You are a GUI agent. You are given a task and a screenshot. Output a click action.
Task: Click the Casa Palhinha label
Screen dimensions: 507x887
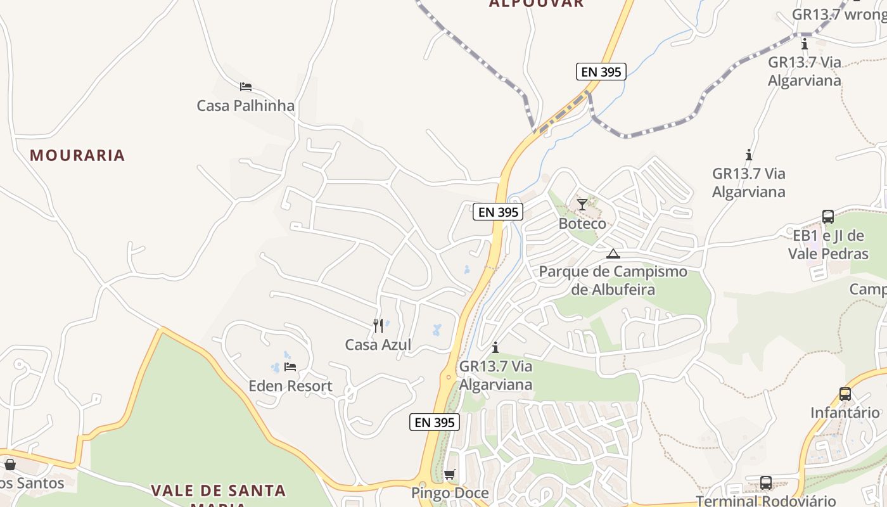pyautogui.click(x=245, y=106)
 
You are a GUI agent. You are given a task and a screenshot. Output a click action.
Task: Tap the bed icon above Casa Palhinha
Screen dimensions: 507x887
pyautogui.click(x=245, y=87)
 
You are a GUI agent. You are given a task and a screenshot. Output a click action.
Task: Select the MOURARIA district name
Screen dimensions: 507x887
pyautogui.click(x=77, y=155)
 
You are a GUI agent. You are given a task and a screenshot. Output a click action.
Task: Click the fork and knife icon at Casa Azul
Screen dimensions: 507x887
pyautogui.click(x=378, y=326)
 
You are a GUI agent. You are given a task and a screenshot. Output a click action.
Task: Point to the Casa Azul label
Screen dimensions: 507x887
pyautogui.click(x=378, y=345)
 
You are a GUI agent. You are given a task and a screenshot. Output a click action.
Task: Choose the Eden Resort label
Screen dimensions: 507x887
pyautogui.click(x=290, y=386)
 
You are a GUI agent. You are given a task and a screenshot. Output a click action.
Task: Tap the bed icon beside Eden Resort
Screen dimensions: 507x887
pyautogui.click(x=290, y=366)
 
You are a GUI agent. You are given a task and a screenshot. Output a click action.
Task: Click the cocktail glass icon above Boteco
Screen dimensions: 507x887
pyautogui.click(x=582, y=204)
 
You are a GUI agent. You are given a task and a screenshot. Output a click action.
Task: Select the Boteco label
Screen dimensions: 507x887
pyautogui.click(x=582, y=224)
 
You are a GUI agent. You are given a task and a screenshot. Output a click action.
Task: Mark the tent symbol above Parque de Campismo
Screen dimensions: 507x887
pyautogui.click(x=613, y=254)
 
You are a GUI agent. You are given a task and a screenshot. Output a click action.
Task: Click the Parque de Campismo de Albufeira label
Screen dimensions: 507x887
pyautogui.click(x=613, y=281)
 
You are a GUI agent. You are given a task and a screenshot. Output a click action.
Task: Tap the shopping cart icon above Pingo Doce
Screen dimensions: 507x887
pyautogui.click(x=450, y=474)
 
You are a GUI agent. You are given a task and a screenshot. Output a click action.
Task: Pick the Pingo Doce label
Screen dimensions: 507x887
pyautogui.click(x=450, y=493)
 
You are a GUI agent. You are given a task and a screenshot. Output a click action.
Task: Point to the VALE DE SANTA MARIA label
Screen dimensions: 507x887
pyautogui.click(x=218, y=491)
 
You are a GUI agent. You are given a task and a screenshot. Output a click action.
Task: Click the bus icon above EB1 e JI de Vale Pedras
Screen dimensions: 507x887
pyautogui.click(x=828, y=216)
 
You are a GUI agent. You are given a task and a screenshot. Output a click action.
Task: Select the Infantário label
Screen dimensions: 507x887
pyautogui.click(x=845, y=413)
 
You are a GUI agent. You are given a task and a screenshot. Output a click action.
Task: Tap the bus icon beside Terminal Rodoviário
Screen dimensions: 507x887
pyautogui.click(x=766, y=483)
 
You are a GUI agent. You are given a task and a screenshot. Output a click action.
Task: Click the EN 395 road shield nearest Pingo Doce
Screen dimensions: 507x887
pyautogui.click(x=434, y=422)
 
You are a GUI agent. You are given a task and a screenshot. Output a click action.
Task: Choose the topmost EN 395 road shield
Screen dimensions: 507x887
pyautogui.click(x=601, y=72)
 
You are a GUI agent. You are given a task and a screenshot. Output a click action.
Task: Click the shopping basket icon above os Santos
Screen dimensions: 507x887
pyautogui.click(x=10, y=465)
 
